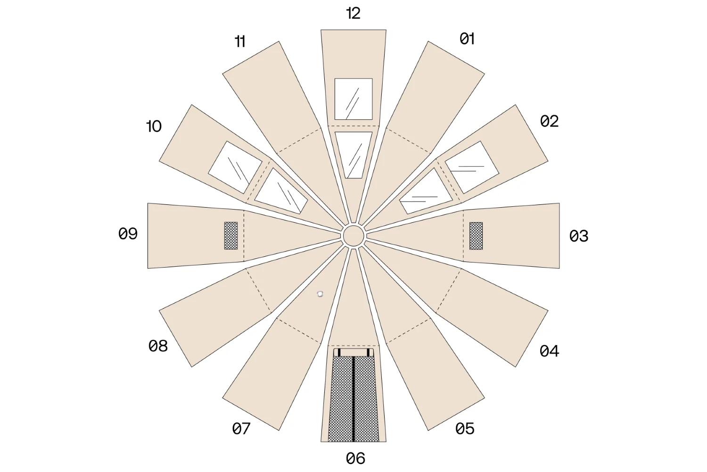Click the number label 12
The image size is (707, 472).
click(353, 13)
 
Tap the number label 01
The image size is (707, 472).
click(467, 39)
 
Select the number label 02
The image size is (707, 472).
click(549, 121)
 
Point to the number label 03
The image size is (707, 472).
click(578, 236)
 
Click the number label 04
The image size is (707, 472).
click(549, 351)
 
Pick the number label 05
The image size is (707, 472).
click(465, 429)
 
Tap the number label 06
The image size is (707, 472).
click(355, 458)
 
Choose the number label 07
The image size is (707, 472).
click(241, 429)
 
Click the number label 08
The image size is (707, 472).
click(158, 346)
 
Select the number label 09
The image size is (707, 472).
click(128, 234)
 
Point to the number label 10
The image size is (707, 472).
click(154, 126)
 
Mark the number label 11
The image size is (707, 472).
click(240, 42)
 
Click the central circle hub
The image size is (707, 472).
click(353, 236)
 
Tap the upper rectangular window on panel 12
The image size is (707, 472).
click(353, 99)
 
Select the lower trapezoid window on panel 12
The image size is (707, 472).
click(353, 155)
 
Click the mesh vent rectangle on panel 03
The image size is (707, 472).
click(476, 236)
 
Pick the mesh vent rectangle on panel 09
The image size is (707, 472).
click(231, 236)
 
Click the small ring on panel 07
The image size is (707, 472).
click(320, 294)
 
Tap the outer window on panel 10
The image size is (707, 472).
click(235, 167)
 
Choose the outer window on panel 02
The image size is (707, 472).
click(472, 167)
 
